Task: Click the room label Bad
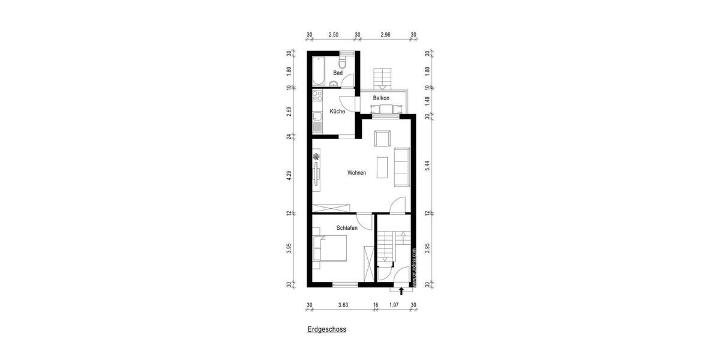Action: point(338,73)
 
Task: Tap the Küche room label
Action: point(337,112)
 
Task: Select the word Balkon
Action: point(381,98)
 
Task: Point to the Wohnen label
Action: point(356,173)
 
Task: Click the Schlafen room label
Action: point(347,228)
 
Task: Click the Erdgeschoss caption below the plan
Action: point(326,329)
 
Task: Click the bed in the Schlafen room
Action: point(332,249)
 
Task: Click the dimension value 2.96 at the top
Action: point(385,35)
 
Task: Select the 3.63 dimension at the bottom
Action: point(343,305)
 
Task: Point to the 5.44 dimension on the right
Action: point(427,165)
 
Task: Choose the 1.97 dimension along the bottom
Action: point(394,305)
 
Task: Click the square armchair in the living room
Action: point(382,139)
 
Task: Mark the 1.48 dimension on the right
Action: point(427,101)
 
